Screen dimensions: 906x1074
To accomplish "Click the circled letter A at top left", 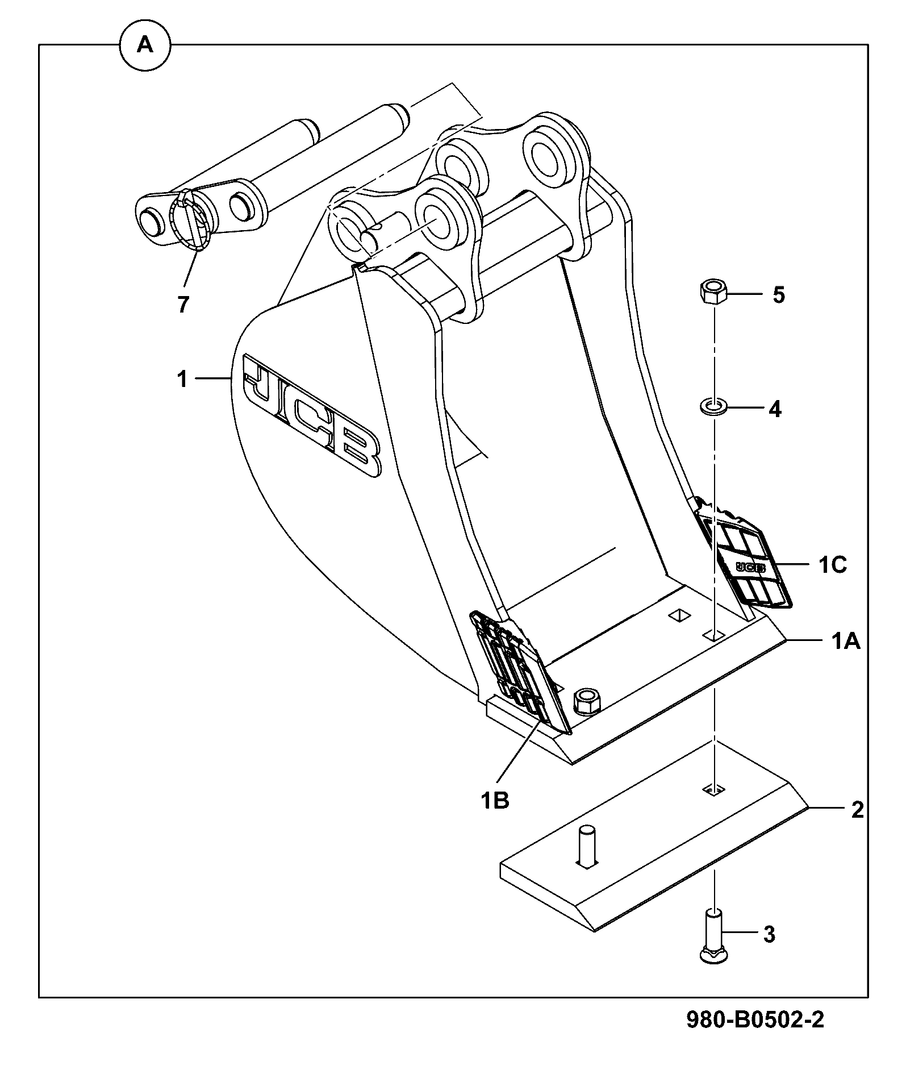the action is [145, 45].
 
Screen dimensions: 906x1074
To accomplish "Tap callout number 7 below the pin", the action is [182, 305].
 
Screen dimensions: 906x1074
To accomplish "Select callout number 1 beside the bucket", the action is [182, 379].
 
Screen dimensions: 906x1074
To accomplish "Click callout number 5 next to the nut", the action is [778, 295].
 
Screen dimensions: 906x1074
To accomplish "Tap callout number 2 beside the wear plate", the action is [857, 809].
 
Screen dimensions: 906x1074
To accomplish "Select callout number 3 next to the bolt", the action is [769, 934].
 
